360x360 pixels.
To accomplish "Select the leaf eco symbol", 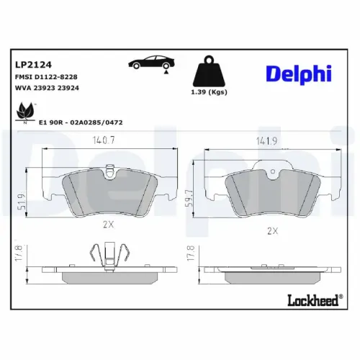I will pos(25,112).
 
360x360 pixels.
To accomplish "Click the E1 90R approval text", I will pos(84,122).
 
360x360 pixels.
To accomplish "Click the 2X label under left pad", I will pos(109,224).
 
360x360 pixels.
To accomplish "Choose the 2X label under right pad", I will pos(272,230).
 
